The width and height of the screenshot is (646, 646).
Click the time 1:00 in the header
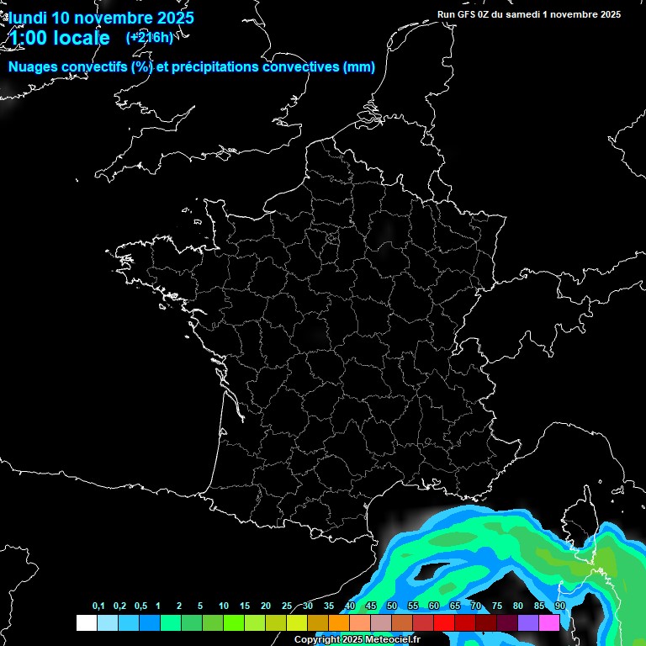coord(28,38)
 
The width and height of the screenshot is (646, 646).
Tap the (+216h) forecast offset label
coord(150,37)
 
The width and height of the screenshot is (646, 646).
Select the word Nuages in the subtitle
coord(33,67)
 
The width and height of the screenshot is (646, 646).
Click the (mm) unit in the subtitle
coord(359,67)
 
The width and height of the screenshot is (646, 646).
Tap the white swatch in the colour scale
coord(86,622)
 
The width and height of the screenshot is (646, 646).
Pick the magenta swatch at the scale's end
coord(549,622)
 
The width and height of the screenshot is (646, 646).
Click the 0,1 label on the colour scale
coord(98,606)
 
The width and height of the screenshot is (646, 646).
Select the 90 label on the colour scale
coord(560,606)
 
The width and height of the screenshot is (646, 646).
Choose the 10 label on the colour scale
coord(223,606)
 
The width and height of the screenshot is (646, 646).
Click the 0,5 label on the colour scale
coord(140,606)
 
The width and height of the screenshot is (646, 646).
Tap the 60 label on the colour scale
coord(434,606)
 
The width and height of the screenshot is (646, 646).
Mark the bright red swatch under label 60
coord(444,622)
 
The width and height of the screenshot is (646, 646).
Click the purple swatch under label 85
coord(528,622)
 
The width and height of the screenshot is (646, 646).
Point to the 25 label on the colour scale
coord(287,606)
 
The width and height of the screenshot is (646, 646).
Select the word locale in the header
coord(82,38)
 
